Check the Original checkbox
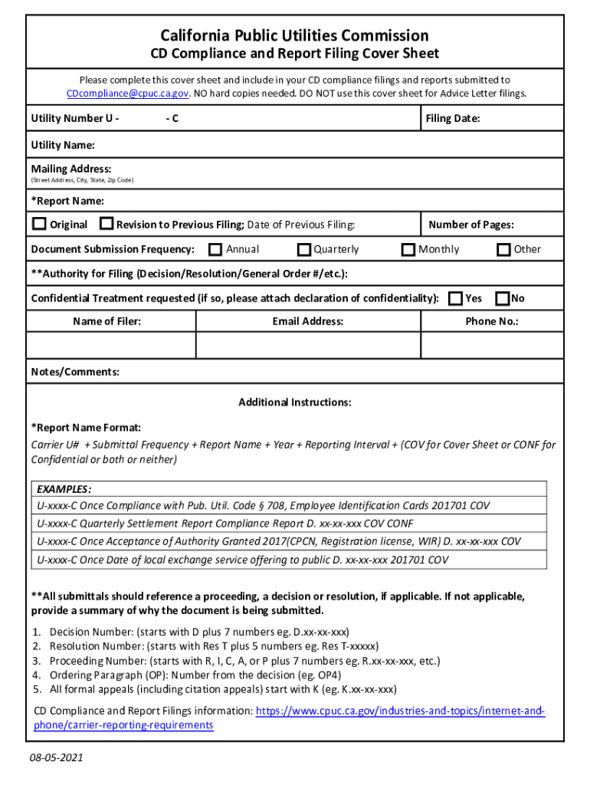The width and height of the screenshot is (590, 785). click(39, 225)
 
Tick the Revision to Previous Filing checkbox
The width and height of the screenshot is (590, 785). click(107, 225)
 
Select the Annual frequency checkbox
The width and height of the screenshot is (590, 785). click(215, 249)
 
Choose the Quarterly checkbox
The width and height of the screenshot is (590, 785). click(304, 249)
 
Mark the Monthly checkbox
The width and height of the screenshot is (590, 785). click(409, 249)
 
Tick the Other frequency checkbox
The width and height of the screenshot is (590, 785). click(503, 249)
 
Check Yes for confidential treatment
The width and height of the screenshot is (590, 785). click(455, 298)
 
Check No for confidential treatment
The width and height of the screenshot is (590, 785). click(503, 298)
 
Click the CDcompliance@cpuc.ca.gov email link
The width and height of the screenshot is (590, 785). click(127, 94)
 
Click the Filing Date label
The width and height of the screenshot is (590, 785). click(454, 119)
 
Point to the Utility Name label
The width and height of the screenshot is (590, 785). click(63, 145)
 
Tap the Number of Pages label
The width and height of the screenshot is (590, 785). click(470, 225)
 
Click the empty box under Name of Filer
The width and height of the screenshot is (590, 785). click(111, 345)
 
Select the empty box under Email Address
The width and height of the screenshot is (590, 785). click(308, 345)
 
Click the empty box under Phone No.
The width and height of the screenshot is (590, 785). click(491, 345)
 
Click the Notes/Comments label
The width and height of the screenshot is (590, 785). click(75, 372)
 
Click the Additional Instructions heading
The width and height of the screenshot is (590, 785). click(295, 402)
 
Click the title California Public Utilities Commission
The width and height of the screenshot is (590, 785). click(295, 35)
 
